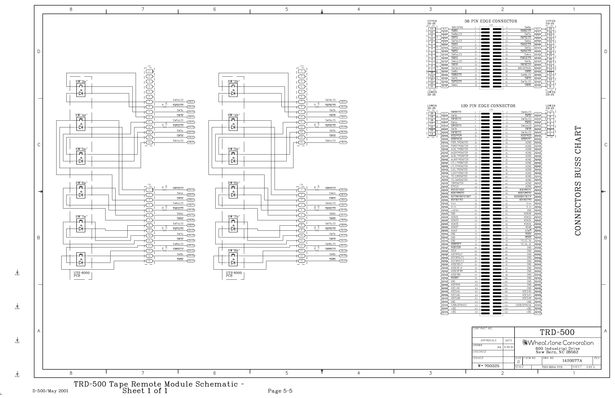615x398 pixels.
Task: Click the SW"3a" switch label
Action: pos(81,81)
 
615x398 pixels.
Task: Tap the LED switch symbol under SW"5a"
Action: pos(81,158)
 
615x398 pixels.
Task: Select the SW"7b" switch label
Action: pos(234,217)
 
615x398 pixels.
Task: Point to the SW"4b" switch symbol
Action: pos(233,124)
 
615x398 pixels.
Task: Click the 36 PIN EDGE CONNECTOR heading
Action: pos(491,21)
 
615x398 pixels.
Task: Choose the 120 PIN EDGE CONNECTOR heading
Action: pos(488,106)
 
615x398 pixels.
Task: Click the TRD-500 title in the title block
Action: pos(557,332)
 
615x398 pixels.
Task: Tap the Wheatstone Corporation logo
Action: pos(558,343)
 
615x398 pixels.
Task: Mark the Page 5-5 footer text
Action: pos(280,391)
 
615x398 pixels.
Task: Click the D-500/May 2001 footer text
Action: pos(50,391)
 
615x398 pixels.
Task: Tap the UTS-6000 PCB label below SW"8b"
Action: pos(234,274)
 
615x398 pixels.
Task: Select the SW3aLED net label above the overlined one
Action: pos(178,100)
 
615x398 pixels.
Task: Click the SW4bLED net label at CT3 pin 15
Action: pos(330,141)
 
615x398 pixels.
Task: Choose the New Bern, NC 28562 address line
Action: pos(557,352)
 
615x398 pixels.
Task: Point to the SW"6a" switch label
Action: pos(81,183)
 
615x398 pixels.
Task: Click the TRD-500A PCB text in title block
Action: pos(552,367)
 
